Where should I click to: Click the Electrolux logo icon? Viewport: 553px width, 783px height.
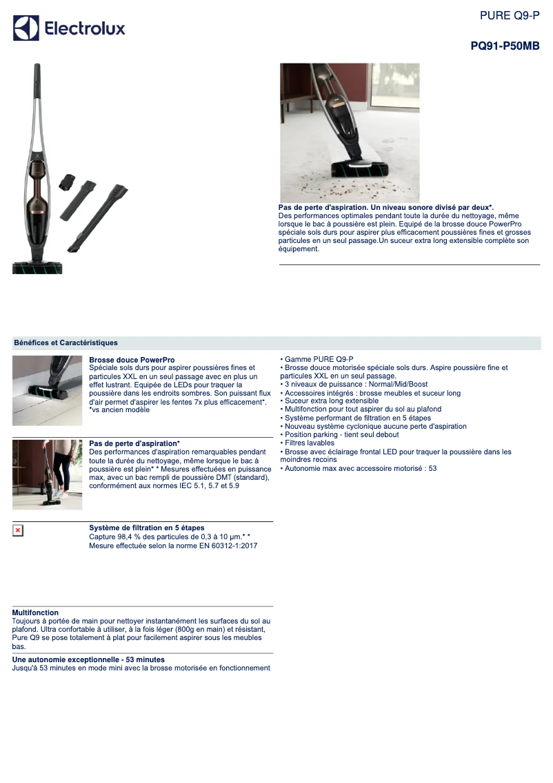click(26, 28)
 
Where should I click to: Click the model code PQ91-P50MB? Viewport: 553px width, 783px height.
click(505, 46)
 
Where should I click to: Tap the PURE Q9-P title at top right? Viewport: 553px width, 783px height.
click(510, 15)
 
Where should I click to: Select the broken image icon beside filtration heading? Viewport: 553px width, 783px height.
click(18, 530)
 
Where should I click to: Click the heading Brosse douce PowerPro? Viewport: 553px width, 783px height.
click(132, 360)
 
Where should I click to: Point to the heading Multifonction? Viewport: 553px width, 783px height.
click(35, 612)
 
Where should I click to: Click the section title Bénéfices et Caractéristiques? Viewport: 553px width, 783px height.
click(66, 343)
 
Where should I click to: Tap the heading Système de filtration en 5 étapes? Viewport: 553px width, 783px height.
click(147, 528)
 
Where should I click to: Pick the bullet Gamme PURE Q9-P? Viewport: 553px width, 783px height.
click(316, 359)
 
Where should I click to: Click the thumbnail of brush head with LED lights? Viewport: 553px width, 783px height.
click(48, 391)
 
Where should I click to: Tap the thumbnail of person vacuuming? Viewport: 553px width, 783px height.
click(48, 474)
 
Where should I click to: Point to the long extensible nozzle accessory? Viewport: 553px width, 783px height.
click(98, 219)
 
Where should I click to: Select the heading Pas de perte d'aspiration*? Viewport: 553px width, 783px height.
click(134, 443)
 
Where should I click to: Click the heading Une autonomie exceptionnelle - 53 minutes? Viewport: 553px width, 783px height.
click(88, 659)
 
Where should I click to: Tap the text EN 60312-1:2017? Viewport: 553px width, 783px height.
click(234, 545)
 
